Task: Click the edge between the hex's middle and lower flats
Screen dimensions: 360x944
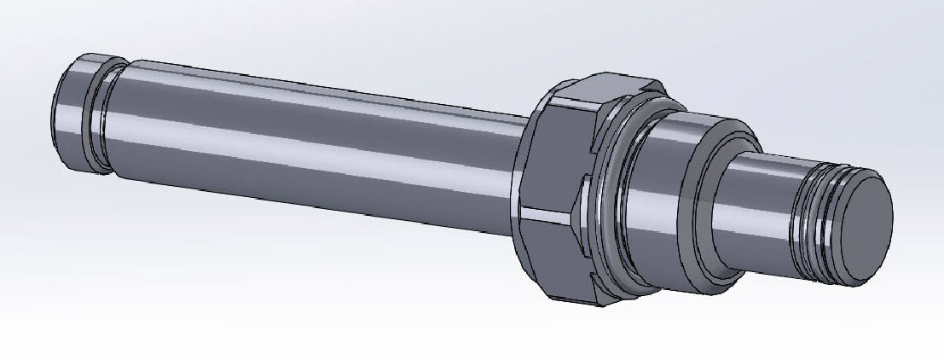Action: pos(546,213)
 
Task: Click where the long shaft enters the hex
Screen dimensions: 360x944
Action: pos(520,171)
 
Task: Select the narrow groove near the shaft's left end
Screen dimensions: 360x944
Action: pos(108,115)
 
